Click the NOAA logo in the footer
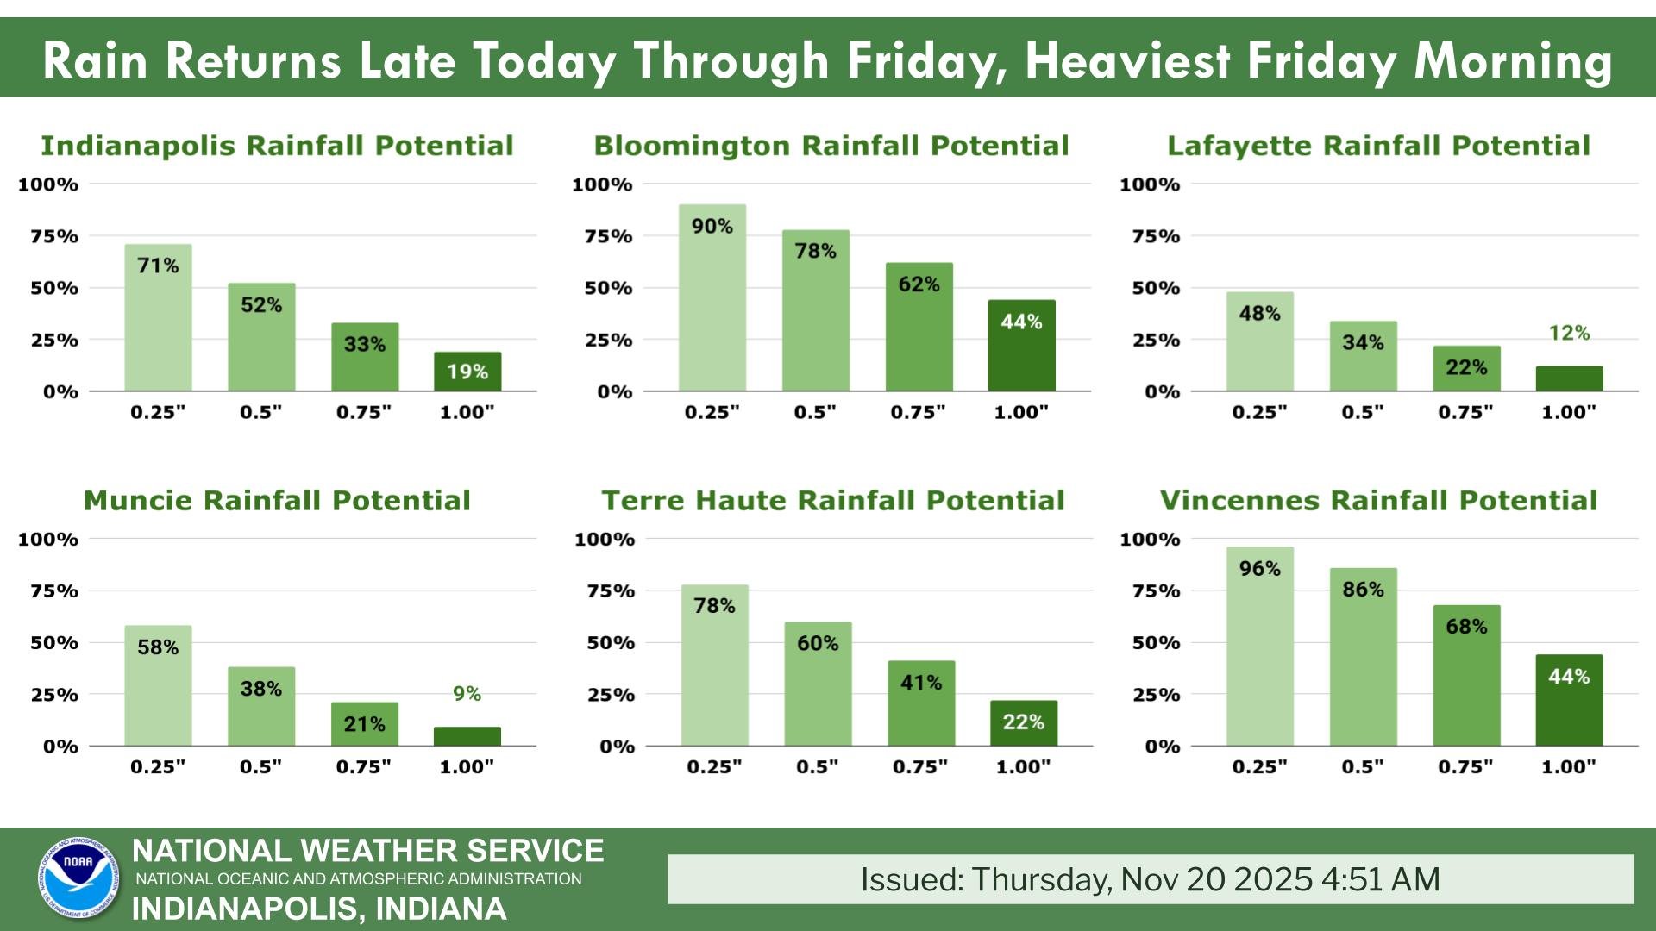click(x=78, y=878)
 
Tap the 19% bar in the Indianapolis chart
click(x=467, y=372)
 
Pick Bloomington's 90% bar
click(x=712, y=297)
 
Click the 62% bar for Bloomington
click(x=919, y=327)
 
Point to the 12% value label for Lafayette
click(x=1569, y=333)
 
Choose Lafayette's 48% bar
click(x=1259, y=341)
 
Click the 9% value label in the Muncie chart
click(x=467, y=694)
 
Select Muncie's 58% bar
click(x=158, y=685)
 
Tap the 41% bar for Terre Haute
click(x=921, y=703)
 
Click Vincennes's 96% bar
click(x=1259, y=647)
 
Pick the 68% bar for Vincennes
click(x=1466, y=675)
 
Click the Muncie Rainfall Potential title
click(x=277, y=501)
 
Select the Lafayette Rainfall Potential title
click(x=1378, y=146)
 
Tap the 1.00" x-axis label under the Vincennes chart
click(x=1568, y=766)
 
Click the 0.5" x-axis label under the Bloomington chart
click(x=815, y=412)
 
